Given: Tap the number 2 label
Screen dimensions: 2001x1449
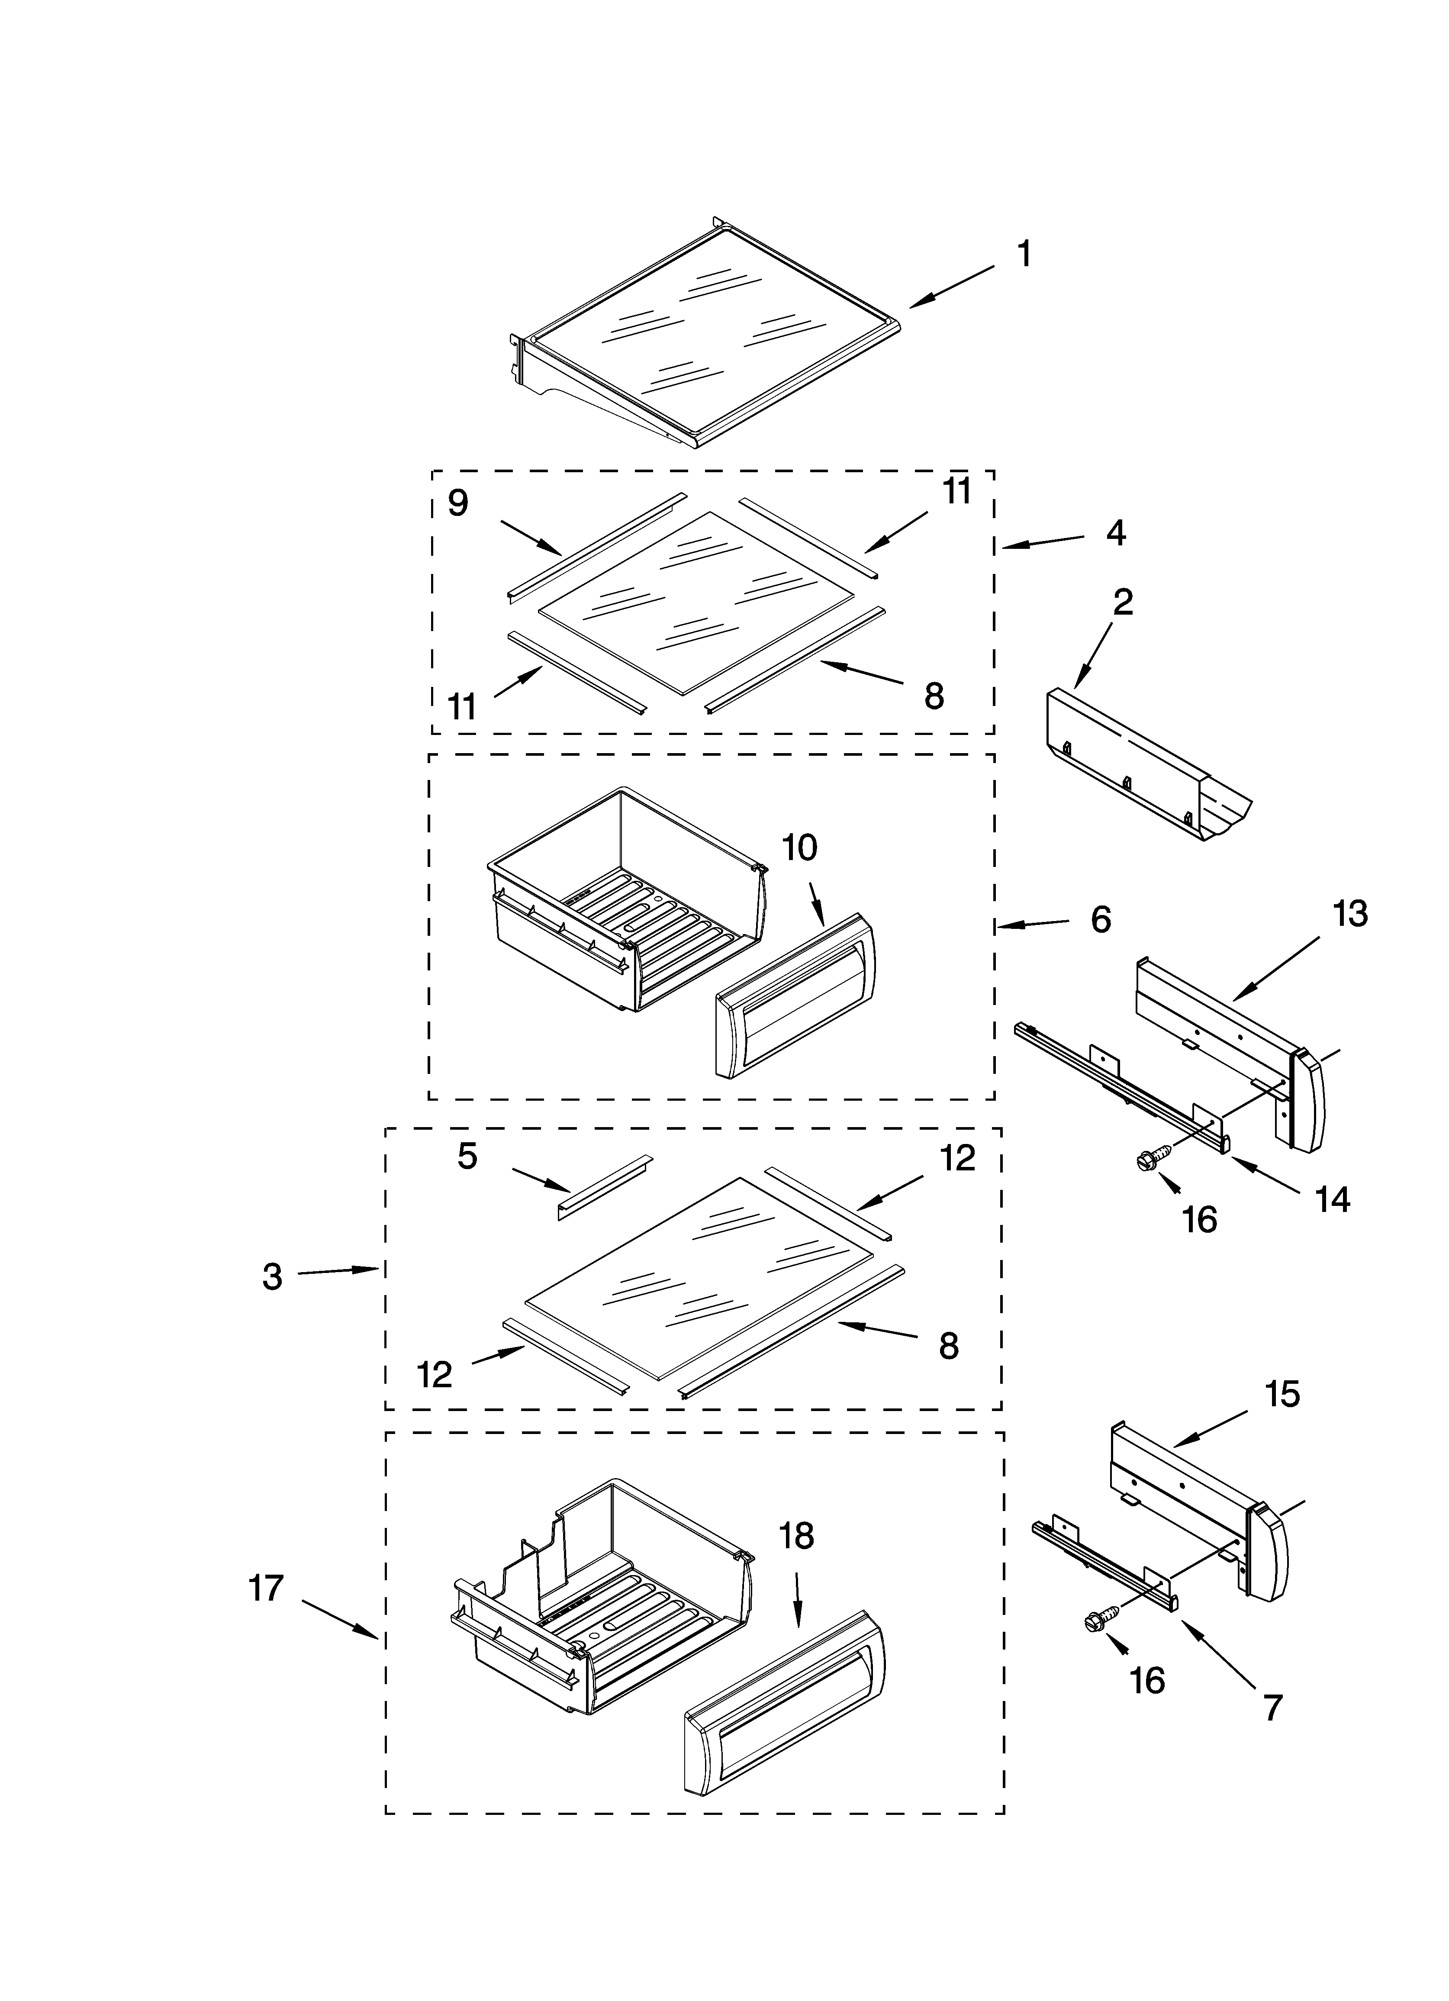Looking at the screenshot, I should [x=1123, y=603].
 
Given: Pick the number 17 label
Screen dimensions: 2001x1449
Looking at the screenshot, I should [x=266, y=1588].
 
